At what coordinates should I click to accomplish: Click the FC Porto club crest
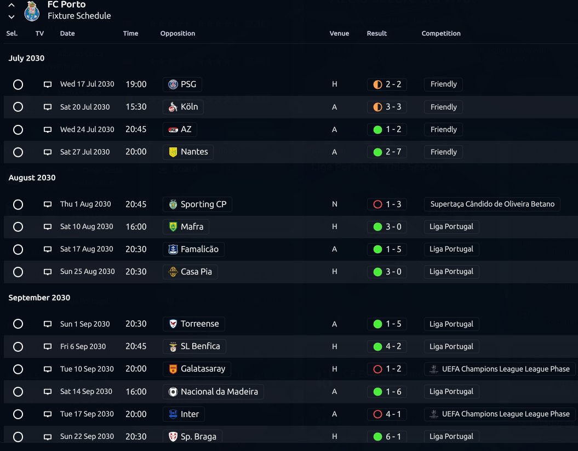32,11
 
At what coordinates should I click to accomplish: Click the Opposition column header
178,33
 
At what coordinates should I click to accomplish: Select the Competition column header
441,33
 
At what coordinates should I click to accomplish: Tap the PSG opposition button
182,84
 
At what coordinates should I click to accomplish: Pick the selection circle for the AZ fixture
18,130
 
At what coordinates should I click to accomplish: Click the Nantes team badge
173,152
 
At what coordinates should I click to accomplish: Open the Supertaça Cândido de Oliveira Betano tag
492,204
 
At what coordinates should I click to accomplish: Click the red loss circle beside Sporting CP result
377,204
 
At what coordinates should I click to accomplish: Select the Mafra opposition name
192,226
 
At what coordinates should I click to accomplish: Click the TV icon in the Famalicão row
48,249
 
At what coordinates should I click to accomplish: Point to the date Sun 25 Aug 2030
87,271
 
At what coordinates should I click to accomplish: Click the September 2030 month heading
39,298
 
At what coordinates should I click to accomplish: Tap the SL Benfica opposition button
194,346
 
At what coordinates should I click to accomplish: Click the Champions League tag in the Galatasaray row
500,369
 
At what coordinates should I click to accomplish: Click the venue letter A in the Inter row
334,414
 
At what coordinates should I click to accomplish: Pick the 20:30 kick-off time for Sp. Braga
136,437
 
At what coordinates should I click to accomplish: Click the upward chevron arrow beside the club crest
12,5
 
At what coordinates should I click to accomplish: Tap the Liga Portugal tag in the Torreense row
451,324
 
